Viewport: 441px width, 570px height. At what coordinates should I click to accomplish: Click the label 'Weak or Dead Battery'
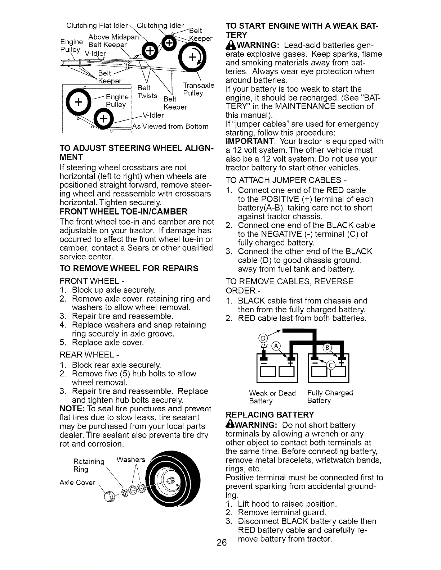272,397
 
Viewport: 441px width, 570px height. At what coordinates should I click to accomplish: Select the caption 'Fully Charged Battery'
330,397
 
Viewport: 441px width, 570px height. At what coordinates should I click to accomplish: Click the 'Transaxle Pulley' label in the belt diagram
199,89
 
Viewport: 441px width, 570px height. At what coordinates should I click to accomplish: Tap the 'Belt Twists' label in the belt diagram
148,92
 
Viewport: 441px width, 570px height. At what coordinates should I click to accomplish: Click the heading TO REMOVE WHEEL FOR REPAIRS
129,268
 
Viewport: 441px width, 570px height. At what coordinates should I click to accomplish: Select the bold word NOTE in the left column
72,409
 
